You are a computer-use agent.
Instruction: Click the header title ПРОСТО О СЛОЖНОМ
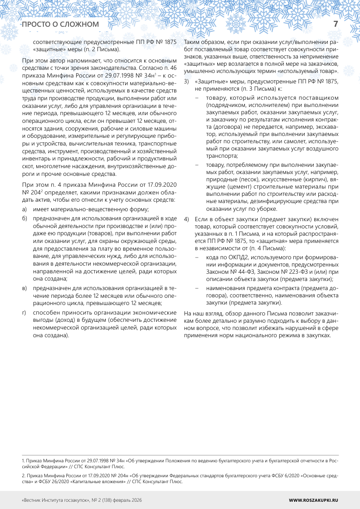pos(60,24)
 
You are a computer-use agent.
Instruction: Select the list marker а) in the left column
pos(24,208)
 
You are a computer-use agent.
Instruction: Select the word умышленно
pos(199,72)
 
